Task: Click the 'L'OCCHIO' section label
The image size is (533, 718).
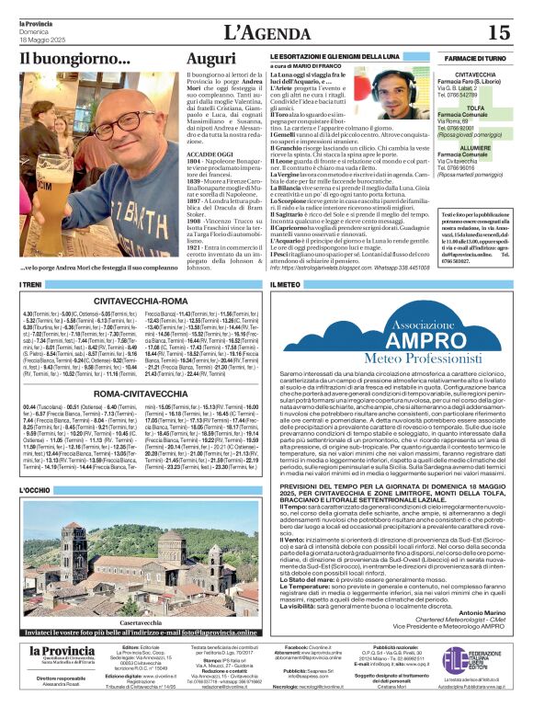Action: [x=34, y=492]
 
